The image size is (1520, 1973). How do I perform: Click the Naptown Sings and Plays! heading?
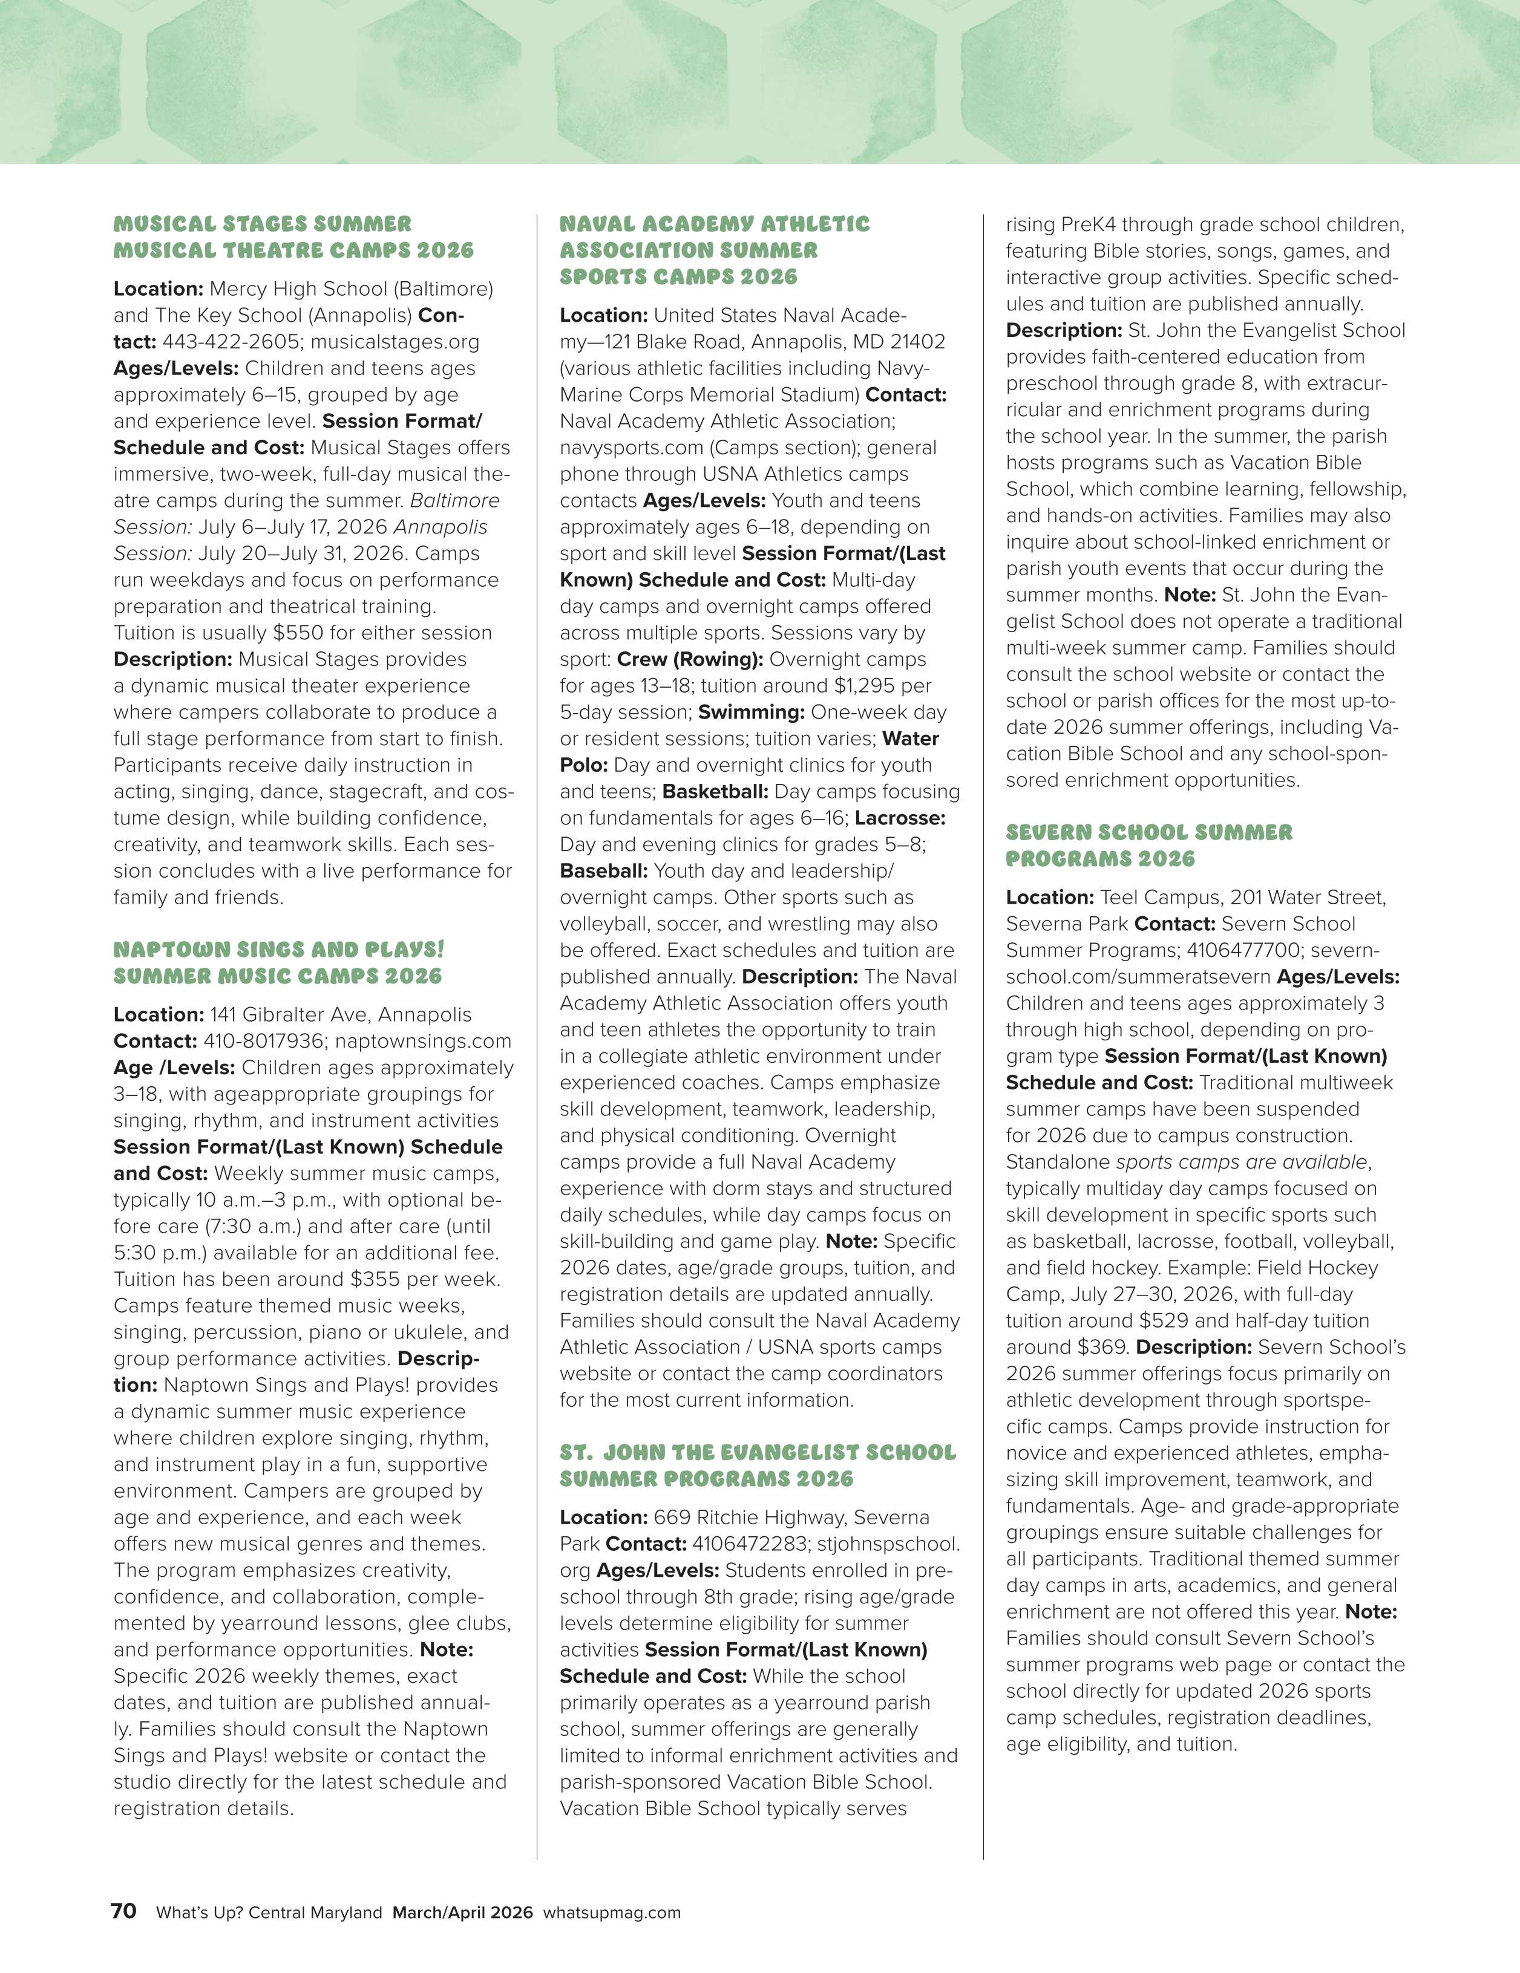(x=278, y=963)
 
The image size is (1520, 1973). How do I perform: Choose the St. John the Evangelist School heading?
(x=758, y=1466)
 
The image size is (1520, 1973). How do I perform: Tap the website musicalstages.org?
(x=395, y=342)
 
